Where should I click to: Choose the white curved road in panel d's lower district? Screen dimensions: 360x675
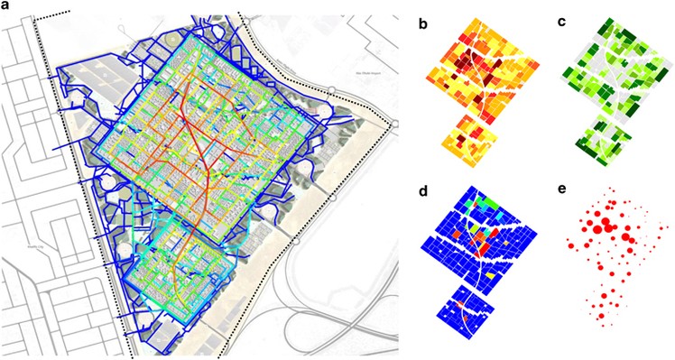tap(464, 312)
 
